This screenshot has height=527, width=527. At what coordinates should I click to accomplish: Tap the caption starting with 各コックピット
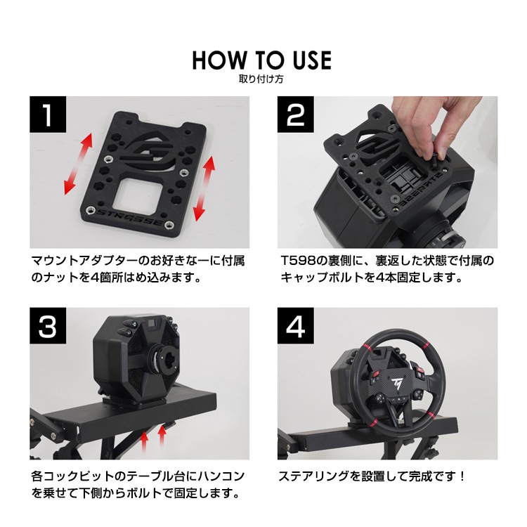(x=138, y=484)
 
